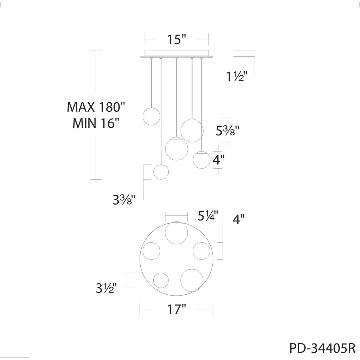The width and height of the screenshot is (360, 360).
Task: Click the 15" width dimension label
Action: [176, 39]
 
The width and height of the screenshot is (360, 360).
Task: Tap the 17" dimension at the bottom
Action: [176, 309]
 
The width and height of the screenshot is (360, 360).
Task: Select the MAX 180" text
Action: [96, 107]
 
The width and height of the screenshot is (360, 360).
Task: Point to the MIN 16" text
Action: [96, 123]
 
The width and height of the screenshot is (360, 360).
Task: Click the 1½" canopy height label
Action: [237, 76]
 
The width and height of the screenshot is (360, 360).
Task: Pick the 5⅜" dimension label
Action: [227, 131]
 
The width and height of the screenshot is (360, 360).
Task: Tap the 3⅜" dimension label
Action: [124, 200]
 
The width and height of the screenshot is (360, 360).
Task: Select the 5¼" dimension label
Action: [208, 216]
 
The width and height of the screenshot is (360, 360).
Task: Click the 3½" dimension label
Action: [106, 288]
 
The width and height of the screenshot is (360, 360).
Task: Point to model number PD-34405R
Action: [322, 348]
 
